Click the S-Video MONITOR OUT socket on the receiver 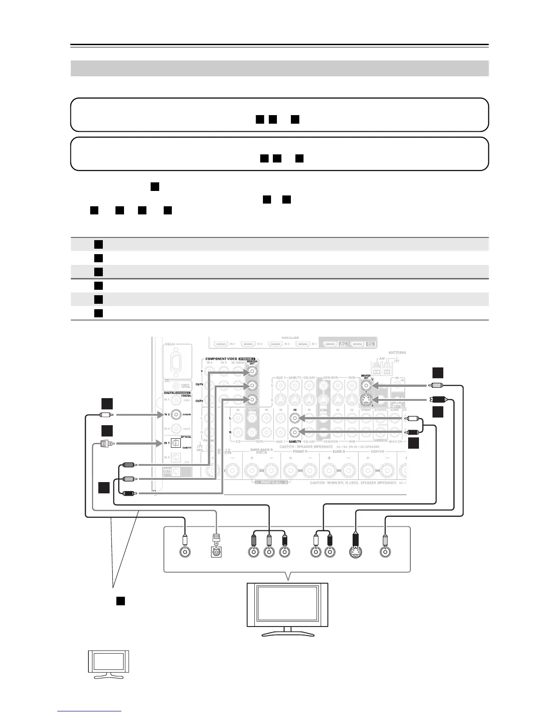367,400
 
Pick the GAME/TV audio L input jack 295,418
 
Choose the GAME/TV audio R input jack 295,432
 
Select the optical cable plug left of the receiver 105,444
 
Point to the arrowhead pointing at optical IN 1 160,444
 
